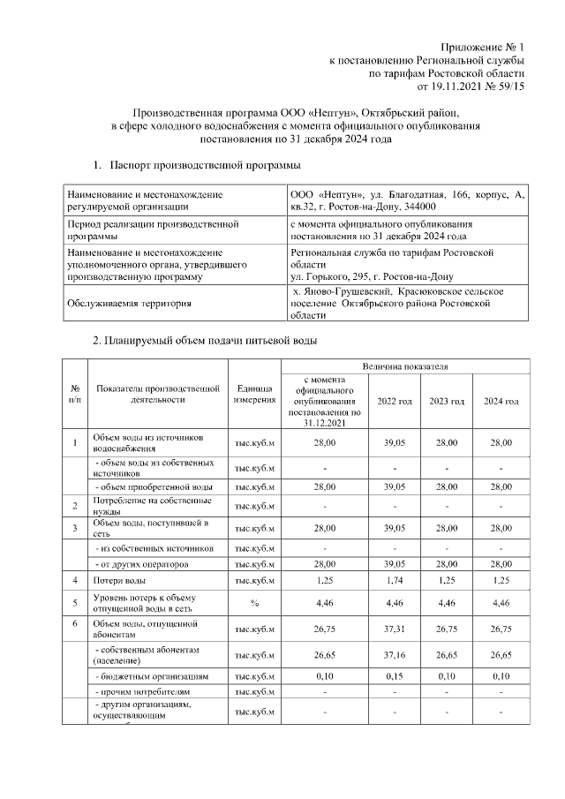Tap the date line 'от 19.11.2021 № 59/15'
pos(464,87)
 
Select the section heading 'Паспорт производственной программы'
pos(205,165)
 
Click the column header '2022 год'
pos(395,402)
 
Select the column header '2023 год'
pos(447,402)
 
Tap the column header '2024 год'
pos(501,402)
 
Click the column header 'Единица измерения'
pos(255,395)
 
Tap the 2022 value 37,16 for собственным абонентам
pos(395,655)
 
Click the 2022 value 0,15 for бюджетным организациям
pos(395,676)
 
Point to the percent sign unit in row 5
pos(255,605)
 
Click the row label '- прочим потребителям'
pos(141,692)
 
